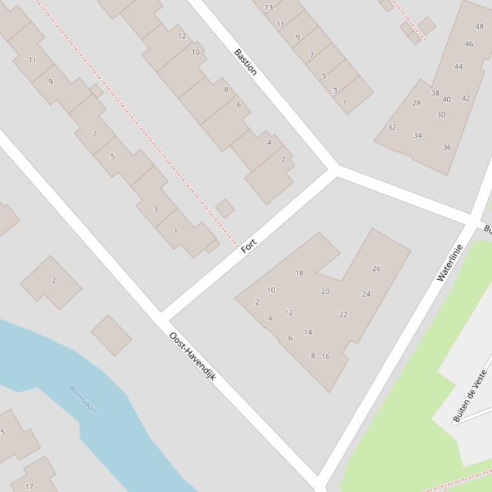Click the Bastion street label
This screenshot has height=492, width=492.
tap(246, 62)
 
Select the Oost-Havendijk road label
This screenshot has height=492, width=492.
tap(192, 357)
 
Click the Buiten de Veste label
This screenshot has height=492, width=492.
tap(470, 396)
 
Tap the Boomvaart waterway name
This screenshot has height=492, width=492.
tap(83, 399)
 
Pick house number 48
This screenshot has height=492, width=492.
tap(480, 27)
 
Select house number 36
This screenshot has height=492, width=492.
tap(447, 148)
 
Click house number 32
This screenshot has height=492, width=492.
tap(392, 127)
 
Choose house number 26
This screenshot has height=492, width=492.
tap(376, 268)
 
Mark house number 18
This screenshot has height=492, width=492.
tap(299, 273)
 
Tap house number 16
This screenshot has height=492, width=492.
tap(326, 357)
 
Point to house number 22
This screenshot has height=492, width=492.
tap(343, 314)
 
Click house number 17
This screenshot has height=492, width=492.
tap(29, 486)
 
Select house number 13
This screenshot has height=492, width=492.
tap(269, 8)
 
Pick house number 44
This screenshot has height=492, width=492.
tap(458, 66)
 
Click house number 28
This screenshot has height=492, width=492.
tap(417, 103)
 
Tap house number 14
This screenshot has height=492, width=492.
tap(308, 332)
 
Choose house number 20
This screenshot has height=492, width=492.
tap(325, 291)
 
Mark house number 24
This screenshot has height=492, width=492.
tap(366, 295)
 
